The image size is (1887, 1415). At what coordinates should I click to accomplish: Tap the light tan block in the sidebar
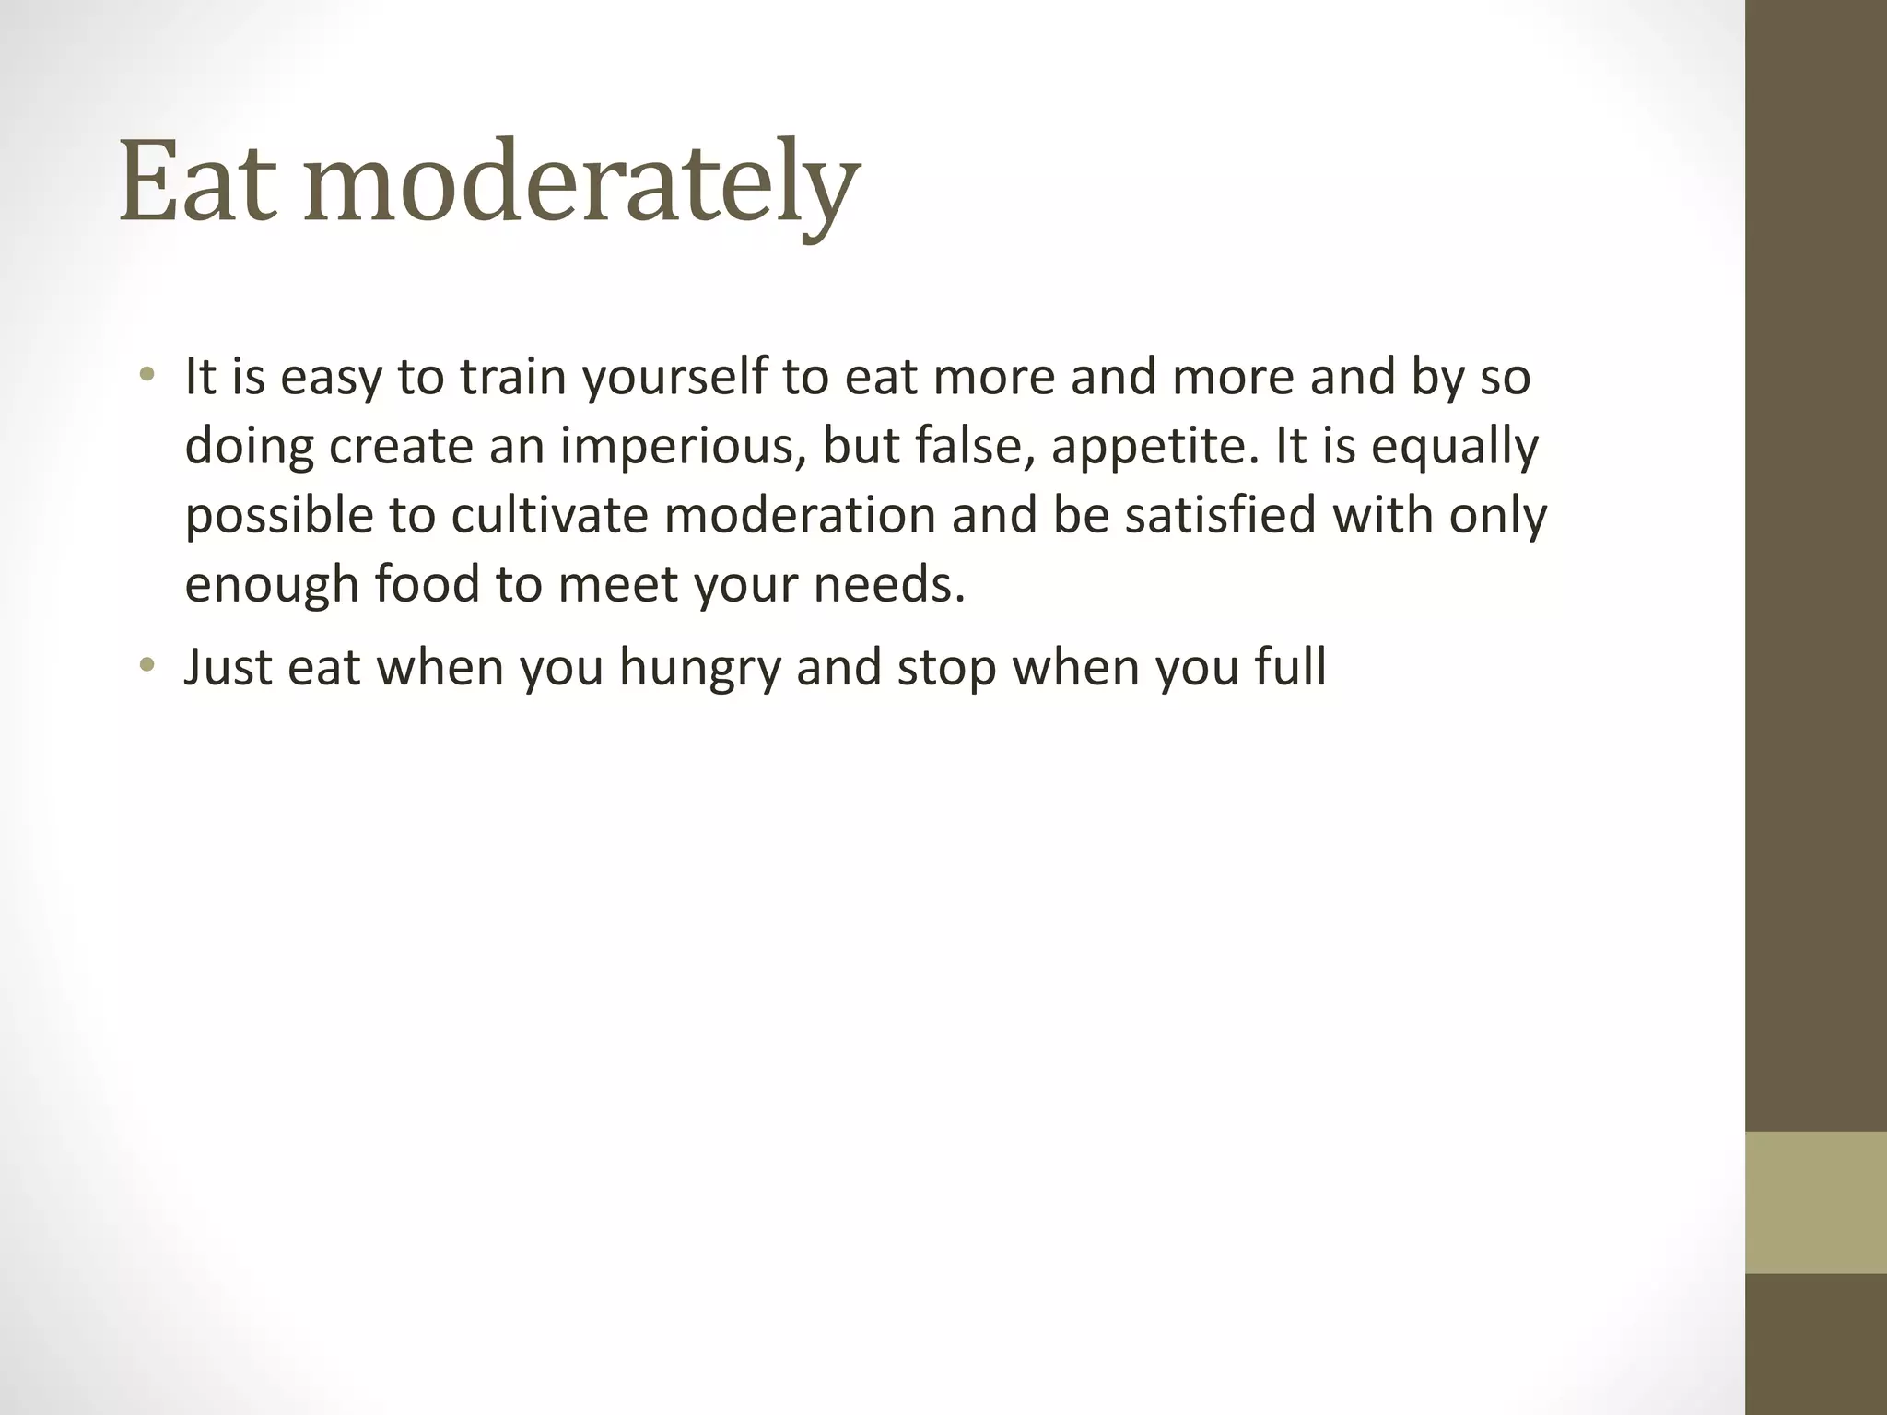[1816, 1203]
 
